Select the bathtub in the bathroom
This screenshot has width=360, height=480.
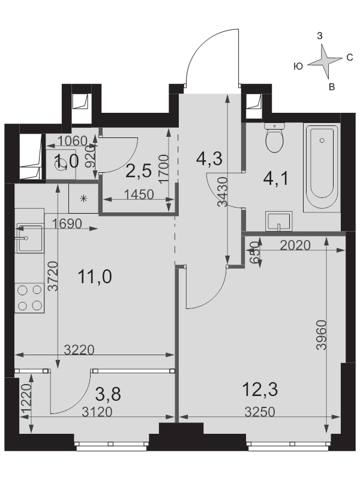322,167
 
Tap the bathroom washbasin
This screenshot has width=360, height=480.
278,220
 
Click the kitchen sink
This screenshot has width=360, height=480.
29,238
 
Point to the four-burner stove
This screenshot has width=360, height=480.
29,298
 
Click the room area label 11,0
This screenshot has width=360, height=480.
95,277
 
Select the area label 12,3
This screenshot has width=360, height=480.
260,389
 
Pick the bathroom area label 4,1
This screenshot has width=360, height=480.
276,179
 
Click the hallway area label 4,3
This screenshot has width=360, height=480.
209,159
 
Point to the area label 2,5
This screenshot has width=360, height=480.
139,171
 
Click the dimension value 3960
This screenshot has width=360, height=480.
322,335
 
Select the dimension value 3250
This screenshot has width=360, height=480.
260,412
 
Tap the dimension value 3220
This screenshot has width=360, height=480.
79,350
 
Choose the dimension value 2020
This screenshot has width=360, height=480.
295,245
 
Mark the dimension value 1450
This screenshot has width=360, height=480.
139,194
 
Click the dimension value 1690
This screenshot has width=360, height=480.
67,224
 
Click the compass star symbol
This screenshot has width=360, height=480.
325,62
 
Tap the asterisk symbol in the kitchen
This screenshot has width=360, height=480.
83,199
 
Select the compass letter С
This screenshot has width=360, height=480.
350,57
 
